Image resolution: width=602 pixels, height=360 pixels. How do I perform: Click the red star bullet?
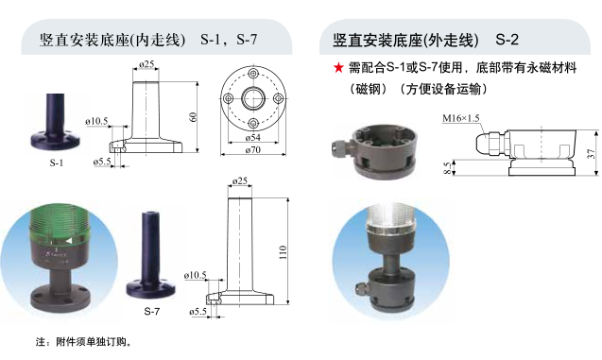[338, 68]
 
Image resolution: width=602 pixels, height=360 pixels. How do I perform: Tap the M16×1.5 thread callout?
[461, 118]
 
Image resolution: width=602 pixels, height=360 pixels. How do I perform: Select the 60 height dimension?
[193, 116]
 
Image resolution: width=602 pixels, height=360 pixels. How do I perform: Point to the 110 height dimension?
[283, 252]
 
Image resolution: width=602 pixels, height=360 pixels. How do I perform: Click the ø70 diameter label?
[253, 149]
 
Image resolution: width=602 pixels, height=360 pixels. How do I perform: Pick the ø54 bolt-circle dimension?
[253, 137]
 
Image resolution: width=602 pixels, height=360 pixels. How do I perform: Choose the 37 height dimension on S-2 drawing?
[591, 153]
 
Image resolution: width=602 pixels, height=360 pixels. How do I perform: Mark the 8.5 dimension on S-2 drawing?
[447, 168]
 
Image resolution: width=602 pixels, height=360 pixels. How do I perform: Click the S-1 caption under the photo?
[57, 163]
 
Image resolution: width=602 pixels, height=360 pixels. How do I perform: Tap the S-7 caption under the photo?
[151, 311]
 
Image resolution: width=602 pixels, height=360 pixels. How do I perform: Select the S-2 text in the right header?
[507, 40]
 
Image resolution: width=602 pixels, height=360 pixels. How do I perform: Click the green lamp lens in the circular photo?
[60, 226]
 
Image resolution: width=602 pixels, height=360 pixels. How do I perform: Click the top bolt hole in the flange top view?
[253, 74]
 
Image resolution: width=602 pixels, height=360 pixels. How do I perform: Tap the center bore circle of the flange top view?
[253, 98]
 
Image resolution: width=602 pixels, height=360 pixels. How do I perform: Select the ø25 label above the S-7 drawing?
[240, 180]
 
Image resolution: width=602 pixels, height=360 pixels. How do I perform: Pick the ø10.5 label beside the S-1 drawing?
[96, 121]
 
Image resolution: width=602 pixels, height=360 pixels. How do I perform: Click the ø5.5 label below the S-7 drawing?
[198, 311]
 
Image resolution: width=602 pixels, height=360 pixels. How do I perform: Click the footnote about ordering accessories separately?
[84, 341]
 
